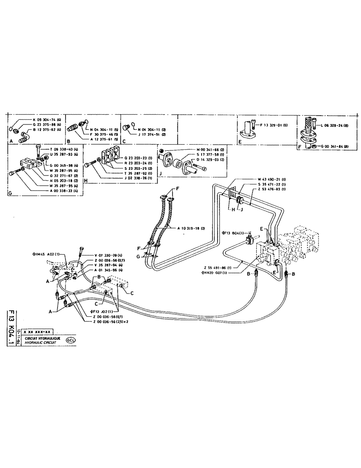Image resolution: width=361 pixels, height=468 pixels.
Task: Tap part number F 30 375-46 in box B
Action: [101, 134]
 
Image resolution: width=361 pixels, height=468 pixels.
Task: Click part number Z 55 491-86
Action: [217, 268]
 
